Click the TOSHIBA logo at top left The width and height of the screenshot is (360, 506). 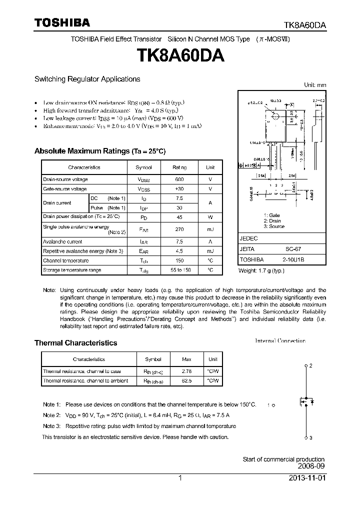(62, 22)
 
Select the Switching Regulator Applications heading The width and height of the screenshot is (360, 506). (87, 79)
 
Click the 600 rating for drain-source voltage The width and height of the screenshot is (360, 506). (179, 179)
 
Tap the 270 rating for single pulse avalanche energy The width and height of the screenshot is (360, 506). (179, 229)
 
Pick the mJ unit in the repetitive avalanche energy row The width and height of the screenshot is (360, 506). (210, 251)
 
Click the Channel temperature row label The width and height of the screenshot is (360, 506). (66, 260)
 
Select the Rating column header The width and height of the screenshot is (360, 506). (179, 167)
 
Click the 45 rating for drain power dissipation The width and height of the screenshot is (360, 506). (179, 217)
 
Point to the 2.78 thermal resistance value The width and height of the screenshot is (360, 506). (186, 371)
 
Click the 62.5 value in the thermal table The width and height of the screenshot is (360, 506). (186, 381)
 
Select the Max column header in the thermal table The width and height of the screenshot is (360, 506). (186, 359)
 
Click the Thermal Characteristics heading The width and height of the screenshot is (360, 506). (75, 343)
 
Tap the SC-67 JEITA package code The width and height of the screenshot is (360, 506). (293, 249)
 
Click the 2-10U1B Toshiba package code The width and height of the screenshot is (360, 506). (293, 259)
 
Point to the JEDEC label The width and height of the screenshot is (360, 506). (248, 239)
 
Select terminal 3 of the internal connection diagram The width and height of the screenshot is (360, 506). (306, 438)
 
